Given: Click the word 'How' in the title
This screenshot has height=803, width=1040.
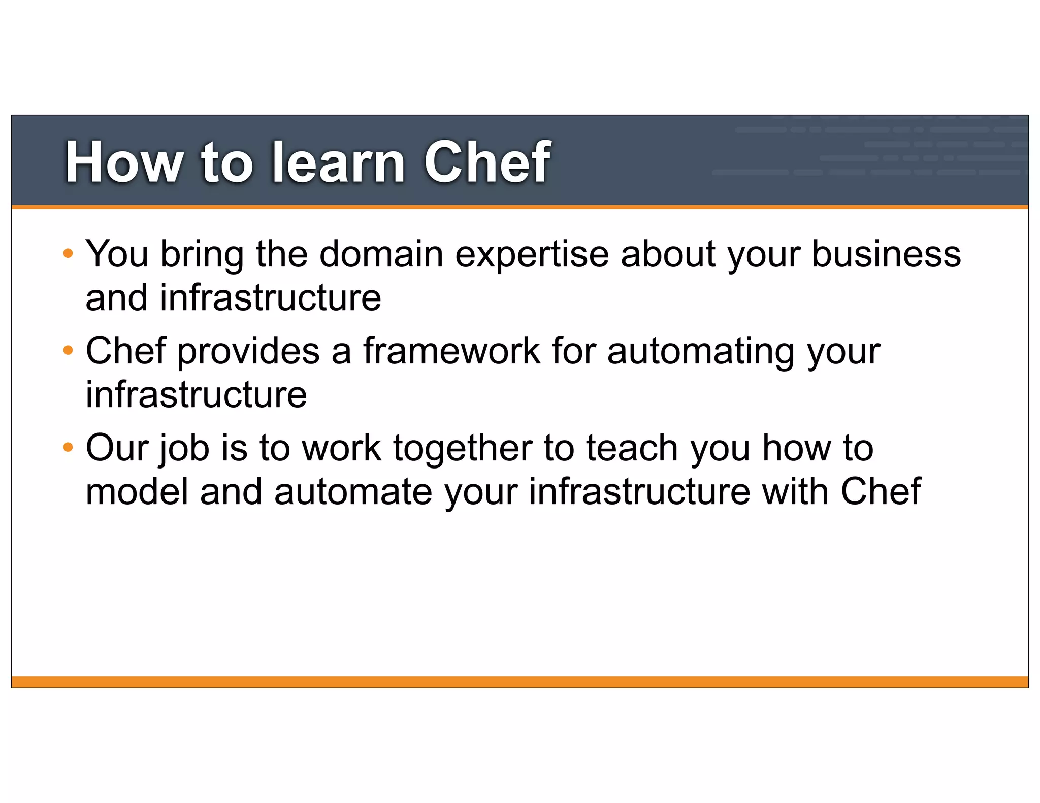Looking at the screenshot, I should pos(124,162).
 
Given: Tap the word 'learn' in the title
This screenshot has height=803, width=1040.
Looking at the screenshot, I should pos(338,162).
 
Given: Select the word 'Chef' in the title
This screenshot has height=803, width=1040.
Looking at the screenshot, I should pos(486,162).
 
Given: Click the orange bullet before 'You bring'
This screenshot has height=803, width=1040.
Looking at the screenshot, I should pos(68,253).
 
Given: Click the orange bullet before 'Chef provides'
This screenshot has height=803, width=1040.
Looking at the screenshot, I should pos(68,350).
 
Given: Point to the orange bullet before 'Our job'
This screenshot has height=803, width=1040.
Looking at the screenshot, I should pos(68,448).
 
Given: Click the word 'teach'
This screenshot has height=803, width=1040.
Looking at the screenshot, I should pos(632,448).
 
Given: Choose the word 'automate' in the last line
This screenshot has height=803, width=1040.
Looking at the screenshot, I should pos(353,492).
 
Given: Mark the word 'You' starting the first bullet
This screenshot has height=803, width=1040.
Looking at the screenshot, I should pos(117,253).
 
